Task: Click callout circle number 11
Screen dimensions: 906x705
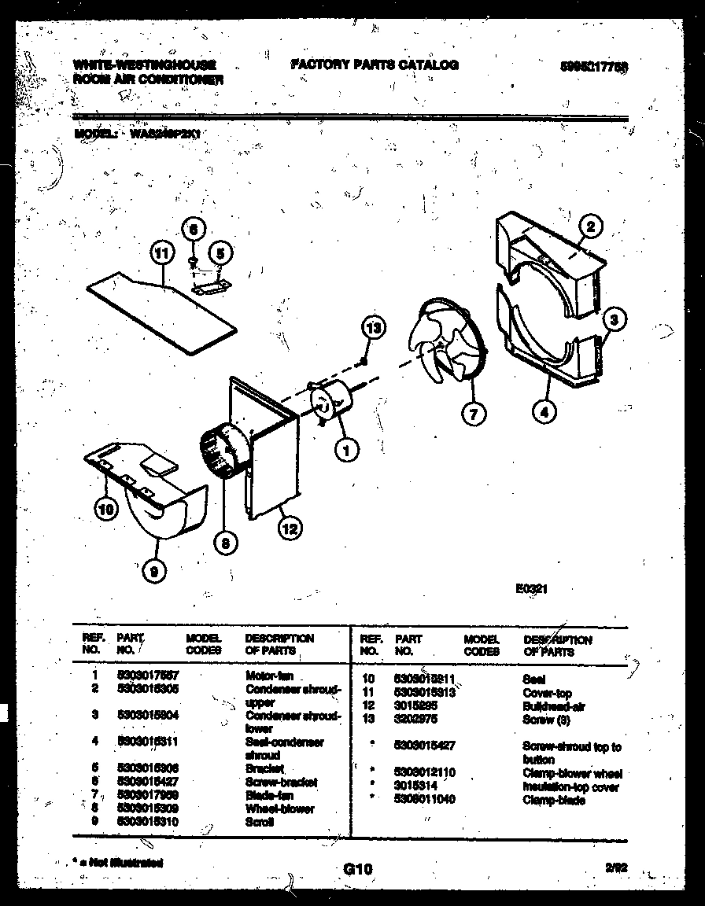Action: click(x=161, y=254)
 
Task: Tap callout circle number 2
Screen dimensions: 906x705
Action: click(x=591, y=227)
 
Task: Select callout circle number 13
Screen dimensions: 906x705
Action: click(x=375, y=328)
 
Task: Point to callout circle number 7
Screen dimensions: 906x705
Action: click(x=473, y=412)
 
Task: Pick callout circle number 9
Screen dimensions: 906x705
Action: click(x=154, y=573)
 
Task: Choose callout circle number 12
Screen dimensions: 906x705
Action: click(x=290, y=528)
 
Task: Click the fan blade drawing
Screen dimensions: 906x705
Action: click(x=444, y=342)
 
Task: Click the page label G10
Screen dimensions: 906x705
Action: click(x=357, y=868)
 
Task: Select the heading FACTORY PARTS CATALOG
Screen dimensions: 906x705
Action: click(x=375, y=65)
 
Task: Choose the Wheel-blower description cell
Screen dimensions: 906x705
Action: click(x=279, y=808)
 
